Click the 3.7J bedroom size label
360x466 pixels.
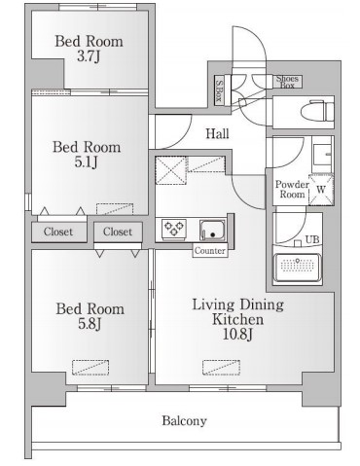click(89, 56)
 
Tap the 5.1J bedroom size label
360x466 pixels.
click(87, 162)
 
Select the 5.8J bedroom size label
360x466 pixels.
click(90, 323)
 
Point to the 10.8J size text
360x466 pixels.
click(237, 334)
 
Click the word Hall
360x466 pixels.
click(217, 133)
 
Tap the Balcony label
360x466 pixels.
click(184, 420)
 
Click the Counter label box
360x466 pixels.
click(210, 251)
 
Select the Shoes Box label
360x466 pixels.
click(287, 82)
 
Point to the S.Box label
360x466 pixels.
click(219, 90)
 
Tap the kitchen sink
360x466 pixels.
click(212, 230)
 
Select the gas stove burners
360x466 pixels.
click(174, 229)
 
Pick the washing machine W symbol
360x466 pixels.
click(321, 190)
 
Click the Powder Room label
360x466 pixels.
click(292, 190)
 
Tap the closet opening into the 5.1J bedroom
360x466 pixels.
click(59, 232)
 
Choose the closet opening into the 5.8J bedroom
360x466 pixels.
click(118, 232)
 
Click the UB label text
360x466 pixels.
click(312, 239)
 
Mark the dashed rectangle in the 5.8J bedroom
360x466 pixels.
click(90, 368)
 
